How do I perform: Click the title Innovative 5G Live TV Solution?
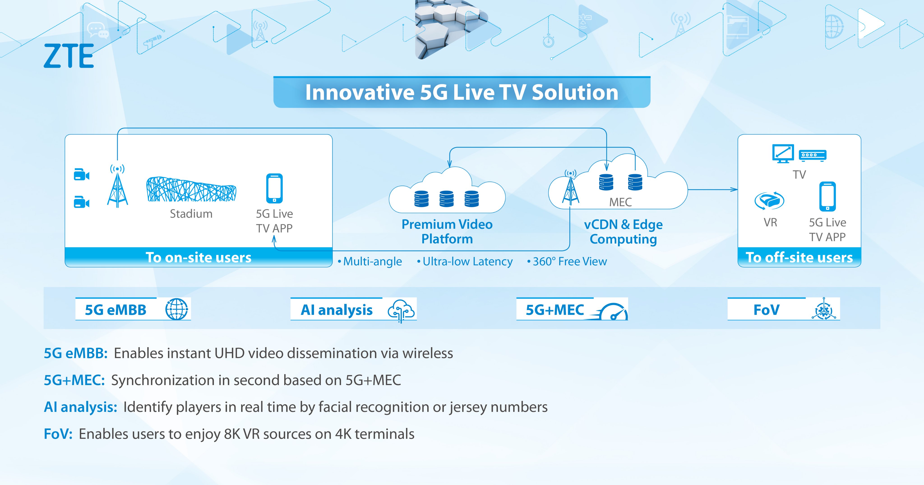(x=462, y=92)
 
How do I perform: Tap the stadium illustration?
(x=191, y=189)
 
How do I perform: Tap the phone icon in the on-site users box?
(x=274, y=188)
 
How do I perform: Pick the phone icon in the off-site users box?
(x=827, y=196)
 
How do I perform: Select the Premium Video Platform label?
(x=447, y=232)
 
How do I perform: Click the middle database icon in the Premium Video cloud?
(x=447, y=199)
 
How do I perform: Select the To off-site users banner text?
(x=799, y=258)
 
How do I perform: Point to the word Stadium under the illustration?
(x=191, y=214)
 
